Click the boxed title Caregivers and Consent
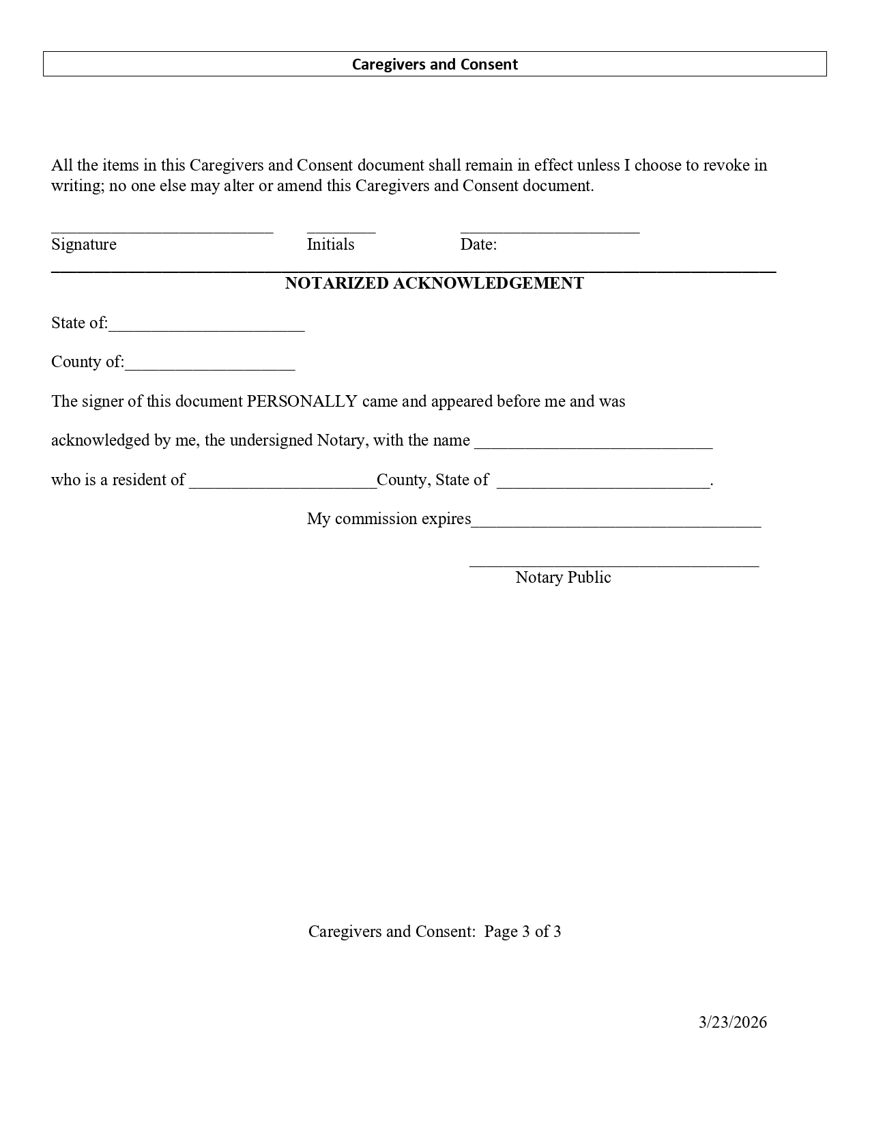coord(435,64)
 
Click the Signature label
coord(84,244)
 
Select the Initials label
coord(330,244)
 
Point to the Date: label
coord(478,244)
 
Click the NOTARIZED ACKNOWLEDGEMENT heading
coord(435,283)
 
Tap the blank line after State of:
coord(206,328)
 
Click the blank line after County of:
coord(210,366)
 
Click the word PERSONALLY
coord(302,401)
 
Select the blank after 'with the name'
coord(593,445)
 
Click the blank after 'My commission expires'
coord(615,523)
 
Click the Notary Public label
coord(563,577)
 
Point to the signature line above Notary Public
coord(613,564)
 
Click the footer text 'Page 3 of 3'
coord(523,932)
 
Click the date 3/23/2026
coord(733,1022)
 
